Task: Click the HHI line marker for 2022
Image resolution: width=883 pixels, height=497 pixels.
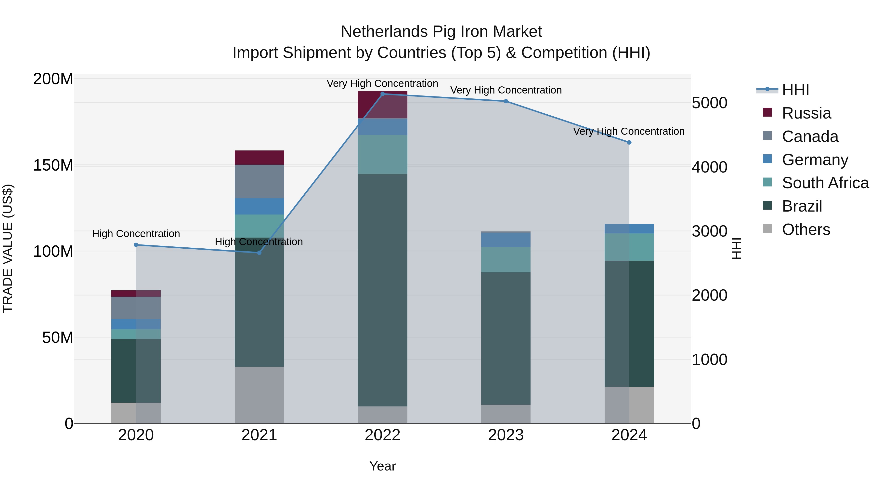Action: click(383, 94)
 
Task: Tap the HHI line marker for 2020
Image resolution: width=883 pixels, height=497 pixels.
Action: click(136, 245)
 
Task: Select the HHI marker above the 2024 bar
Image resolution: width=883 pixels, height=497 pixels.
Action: click(629, 142)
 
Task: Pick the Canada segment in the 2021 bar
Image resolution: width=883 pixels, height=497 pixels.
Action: click(259, 181)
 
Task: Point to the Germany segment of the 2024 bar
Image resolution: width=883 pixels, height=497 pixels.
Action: click(629, 228)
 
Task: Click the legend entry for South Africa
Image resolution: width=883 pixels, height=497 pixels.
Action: click(825, 183)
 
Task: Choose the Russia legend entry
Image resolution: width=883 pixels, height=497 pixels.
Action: click(806, 113)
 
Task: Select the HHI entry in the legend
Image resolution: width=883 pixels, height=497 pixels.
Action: click(795, 90)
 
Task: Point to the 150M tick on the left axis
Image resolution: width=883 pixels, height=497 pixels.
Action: click(53, 165)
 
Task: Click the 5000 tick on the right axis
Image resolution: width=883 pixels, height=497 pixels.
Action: click(709, 103)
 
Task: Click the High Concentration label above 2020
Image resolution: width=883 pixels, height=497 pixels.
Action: click(136, 234)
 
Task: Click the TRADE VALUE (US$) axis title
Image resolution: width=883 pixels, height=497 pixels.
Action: click(8, 248)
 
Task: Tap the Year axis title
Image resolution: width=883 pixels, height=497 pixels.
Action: click(383, 466)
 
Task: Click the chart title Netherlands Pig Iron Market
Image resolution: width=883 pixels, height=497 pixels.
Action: click(441, 32)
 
